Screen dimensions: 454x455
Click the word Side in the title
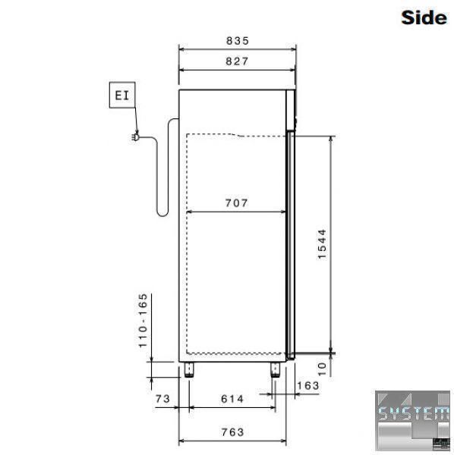click(424, 17)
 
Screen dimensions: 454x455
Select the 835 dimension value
click(238, 41)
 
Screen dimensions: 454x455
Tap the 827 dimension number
click(237, 61)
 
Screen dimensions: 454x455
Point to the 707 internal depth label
click(236, 202)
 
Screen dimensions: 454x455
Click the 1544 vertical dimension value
click(322, 244)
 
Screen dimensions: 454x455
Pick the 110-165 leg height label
click(143, 321)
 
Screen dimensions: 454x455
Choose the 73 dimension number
click(162, 399)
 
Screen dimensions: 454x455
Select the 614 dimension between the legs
click(232, 399)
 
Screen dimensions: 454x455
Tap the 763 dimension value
click(232, 432)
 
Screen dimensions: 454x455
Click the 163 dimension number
click(308, 386)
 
